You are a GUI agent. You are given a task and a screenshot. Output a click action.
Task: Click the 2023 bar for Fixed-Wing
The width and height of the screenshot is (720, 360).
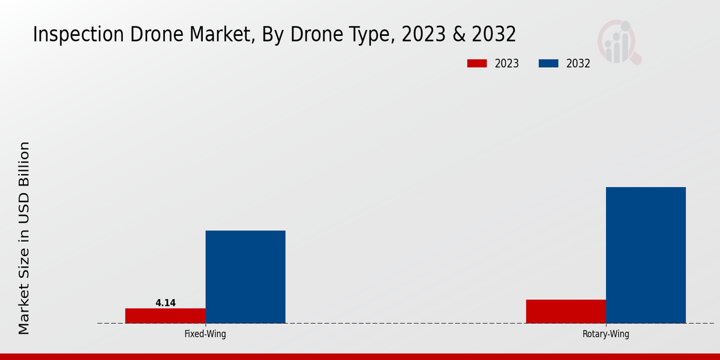[165, 316]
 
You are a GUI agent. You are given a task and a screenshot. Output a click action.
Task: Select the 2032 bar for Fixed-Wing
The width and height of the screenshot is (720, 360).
[245, 277]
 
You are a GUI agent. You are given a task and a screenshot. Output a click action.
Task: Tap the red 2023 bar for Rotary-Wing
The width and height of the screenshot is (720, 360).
[566, 311]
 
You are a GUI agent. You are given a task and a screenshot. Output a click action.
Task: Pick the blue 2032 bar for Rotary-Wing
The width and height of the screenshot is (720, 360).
[646, 255]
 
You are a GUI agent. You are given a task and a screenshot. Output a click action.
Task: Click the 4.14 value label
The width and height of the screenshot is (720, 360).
[166, 303]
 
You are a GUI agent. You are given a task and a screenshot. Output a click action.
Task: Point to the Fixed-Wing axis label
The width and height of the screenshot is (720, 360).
[205, 334]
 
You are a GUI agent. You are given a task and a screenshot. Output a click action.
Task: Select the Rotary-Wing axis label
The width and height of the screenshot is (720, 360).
[606, 334]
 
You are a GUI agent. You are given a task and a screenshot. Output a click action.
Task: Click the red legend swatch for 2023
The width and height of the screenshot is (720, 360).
[477, 64]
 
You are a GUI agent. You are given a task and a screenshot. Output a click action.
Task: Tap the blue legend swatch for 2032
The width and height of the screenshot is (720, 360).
[548, 64]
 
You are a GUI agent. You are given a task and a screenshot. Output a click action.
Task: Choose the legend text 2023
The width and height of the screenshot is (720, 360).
[507, 64]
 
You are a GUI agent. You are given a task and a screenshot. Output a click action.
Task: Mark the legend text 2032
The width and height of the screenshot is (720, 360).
[578, 64]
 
